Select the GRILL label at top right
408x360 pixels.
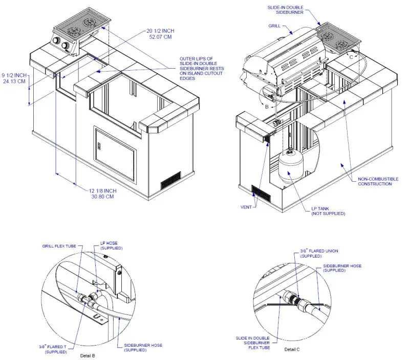(x=274, y=26)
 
